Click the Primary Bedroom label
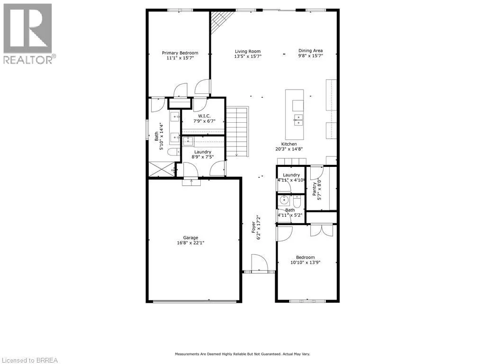tap(180, 53)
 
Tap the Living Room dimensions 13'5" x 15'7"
tap(248, 56)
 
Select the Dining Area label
tap(310, 51)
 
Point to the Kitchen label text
tap(289, 144)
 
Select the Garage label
tap(191, 237)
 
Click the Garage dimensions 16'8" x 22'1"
tap(191, 243)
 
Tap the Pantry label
tap(314, 189)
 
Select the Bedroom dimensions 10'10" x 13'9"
tap(305, 263)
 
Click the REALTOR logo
tap(28, 34)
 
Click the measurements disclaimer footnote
tap(242, 354)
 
